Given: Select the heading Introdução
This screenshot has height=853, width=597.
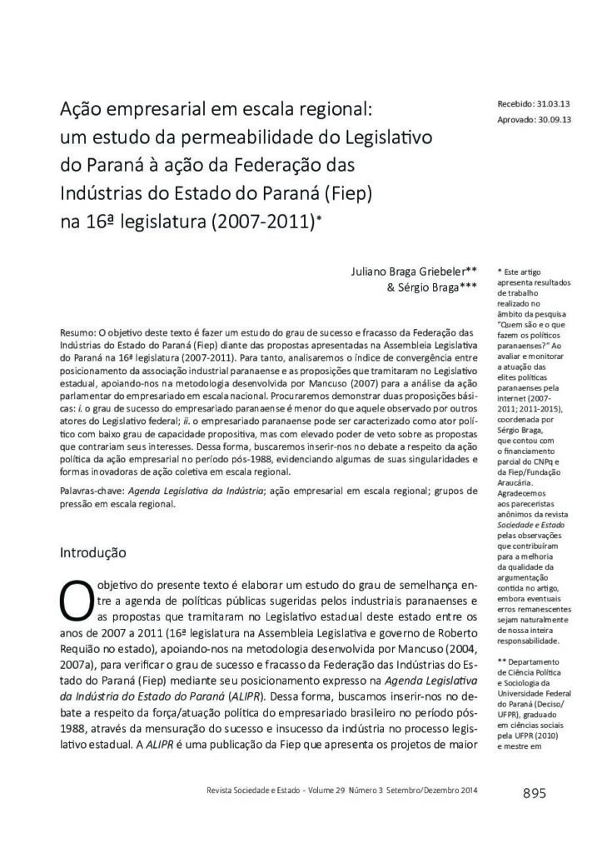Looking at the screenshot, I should tap(93, 551).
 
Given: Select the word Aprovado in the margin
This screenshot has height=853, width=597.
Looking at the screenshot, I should tap(516, 120).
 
